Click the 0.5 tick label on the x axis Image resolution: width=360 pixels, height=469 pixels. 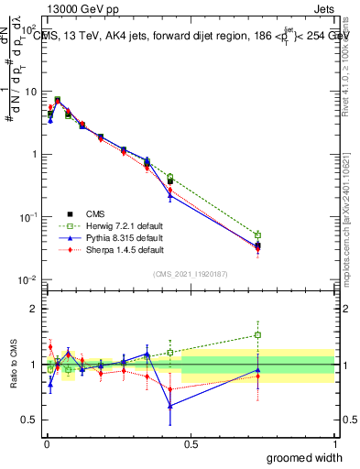190,443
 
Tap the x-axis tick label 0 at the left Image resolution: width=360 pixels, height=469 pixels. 45,443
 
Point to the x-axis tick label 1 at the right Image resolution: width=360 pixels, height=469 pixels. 334,443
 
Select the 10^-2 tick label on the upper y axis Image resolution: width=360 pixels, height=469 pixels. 29,279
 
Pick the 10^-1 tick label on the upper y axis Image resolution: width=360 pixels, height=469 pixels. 29,217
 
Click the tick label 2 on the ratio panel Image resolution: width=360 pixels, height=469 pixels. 36,309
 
